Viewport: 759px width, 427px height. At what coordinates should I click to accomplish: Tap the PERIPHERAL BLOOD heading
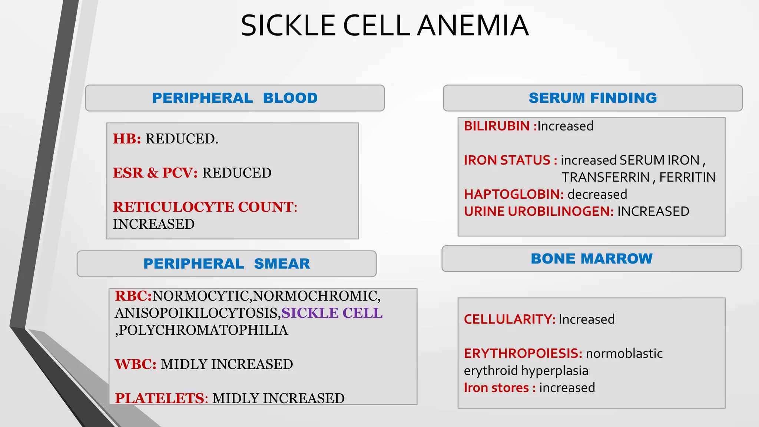pyautogui.click(x=235, y=98)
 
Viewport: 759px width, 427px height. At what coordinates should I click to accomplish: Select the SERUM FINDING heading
pyautogui.click(x=593, y=98)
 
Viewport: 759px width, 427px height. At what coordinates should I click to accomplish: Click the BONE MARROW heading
pyautogui.click(x=591, y=258)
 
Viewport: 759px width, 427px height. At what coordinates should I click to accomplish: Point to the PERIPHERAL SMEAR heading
pyautogui.click(x=226, y=264)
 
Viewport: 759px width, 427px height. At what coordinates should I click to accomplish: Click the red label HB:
pyautogui.click(x=127, y=139)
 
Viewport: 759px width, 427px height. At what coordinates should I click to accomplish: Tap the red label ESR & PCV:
pyautogui.click(x=155, y=173)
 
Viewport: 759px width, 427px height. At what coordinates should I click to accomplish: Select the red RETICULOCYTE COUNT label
pyautogui.click(x=205, y=207)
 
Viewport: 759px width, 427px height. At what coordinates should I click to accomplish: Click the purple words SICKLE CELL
pyautogui.click(x=332, y=313)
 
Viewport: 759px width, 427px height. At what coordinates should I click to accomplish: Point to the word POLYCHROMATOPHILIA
pyautogui.click(x=203, y=330)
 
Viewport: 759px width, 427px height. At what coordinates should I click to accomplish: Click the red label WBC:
pyautogui.click(x=136, y=364)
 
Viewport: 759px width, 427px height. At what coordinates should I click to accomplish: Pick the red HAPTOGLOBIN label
pyautogui.click(x=514, y=194)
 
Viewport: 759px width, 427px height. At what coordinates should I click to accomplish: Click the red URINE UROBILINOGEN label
pyautogui.click(x=538, y=211)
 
